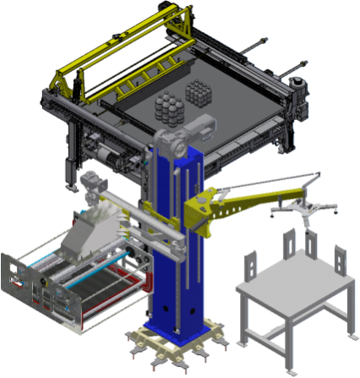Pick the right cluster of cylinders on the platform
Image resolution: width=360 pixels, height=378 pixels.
(x=199, y=91)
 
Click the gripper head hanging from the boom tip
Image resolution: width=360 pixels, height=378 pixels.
(x=303, y=208)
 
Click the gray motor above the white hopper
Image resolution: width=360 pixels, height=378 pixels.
(x=90, y=181)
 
